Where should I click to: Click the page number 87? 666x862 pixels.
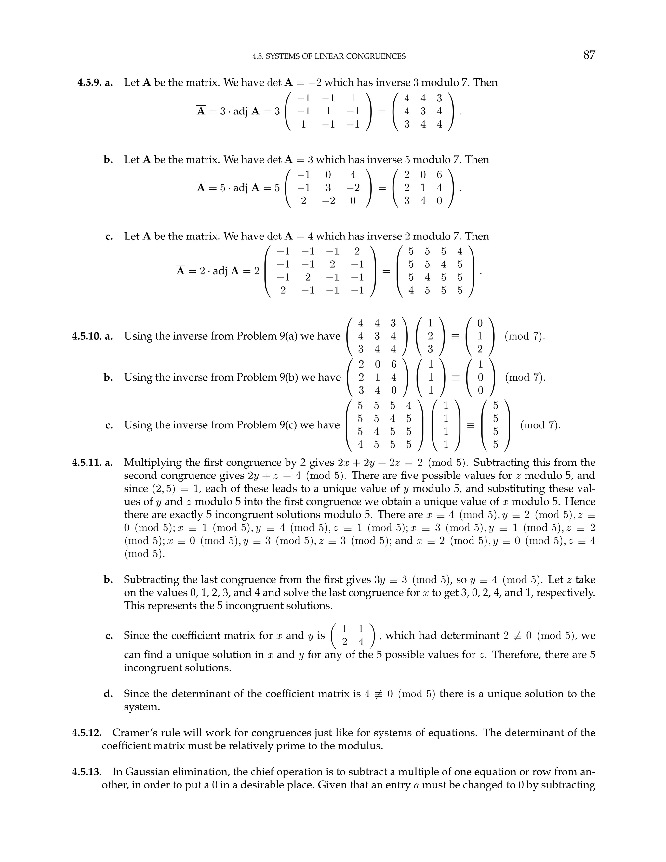point(589,55)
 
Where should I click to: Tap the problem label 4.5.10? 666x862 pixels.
point(87,336)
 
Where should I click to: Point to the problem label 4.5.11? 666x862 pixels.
point(87,462)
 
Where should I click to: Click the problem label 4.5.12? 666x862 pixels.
point(87,733)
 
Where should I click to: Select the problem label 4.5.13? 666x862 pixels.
point(87,772)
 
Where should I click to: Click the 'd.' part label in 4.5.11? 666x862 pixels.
point(108,694)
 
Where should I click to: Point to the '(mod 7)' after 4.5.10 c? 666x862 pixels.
point(540,425)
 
